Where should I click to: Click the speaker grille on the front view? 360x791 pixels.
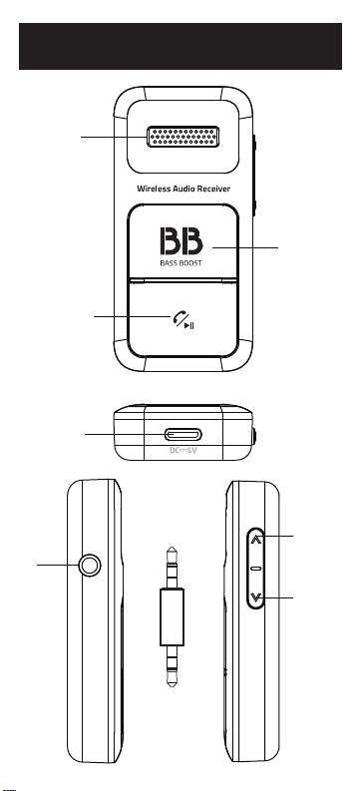[x=183, y=137]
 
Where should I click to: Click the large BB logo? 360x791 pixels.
[x=181, y=241]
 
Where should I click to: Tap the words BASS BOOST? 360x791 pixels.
[x=181, y=263]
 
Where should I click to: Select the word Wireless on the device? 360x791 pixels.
[x=154, y=189]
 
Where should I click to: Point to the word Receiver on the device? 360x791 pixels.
[x=214, y=189]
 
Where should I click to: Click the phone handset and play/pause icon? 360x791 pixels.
[x=183, y=320]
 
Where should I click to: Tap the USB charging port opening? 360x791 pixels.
[x=183, y=434]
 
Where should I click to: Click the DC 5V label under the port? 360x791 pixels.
[x=182, y=450]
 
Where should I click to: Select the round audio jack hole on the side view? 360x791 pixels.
[x=90, y=566]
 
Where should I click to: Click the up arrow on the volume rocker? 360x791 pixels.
[x=256, y=539]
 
